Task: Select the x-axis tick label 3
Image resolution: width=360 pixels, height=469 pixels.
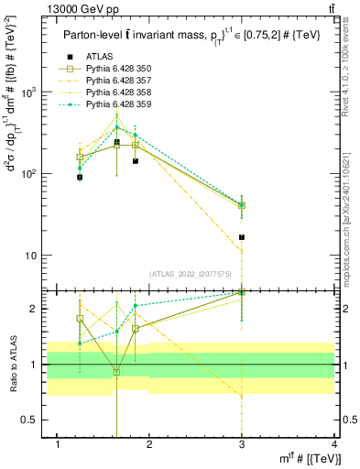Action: point(242,444)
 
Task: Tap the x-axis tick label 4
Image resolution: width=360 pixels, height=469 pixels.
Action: point(333,444)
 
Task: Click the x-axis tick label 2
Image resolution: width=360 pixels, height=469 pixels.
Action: point(149,444)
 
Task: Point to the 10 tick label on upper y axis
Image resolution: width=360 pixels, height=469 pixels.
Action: point(35,256)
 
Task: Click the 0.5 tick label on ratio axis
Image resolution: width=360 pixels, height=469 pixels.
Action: point(35,420)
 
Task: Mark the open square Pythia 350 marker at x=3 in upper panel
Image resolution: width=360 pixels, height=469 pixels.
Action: point(242,205)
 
